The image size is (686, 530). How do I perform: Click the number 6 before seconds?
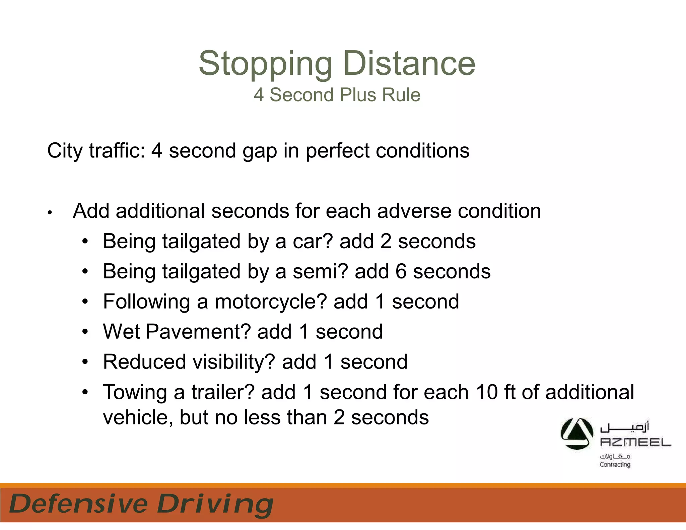point(401,271)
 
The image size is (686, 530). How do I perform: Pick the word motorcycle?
point(271,302)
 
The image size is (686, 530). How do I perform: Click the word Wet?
point(121,332)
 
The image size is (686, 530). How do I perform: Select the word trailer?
point(223,392)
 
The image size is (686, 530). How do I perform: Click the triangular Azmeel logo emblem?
point(577,434)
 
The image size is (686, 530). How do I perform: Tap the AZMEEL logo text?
point(635,442)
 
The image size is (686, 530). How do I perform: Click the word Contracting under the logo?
point(615,465)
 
